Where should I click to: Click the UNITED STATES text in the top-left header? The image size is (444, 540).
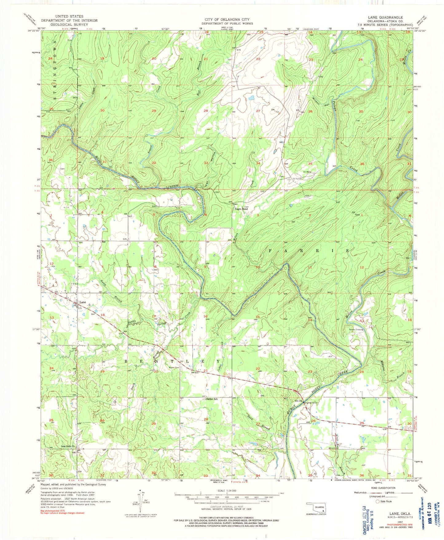click(69, 16)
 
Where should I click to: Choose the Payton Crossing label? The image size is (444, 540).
click(356, 329)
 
